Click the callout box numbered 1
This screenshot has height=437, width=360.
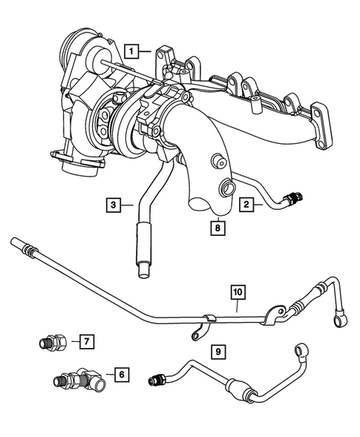tap(131, 51)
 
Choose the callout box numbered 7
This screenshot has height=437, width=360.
tap(87, 341)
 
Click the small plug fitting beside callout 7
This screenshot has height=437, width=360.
tap(53, 343)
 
